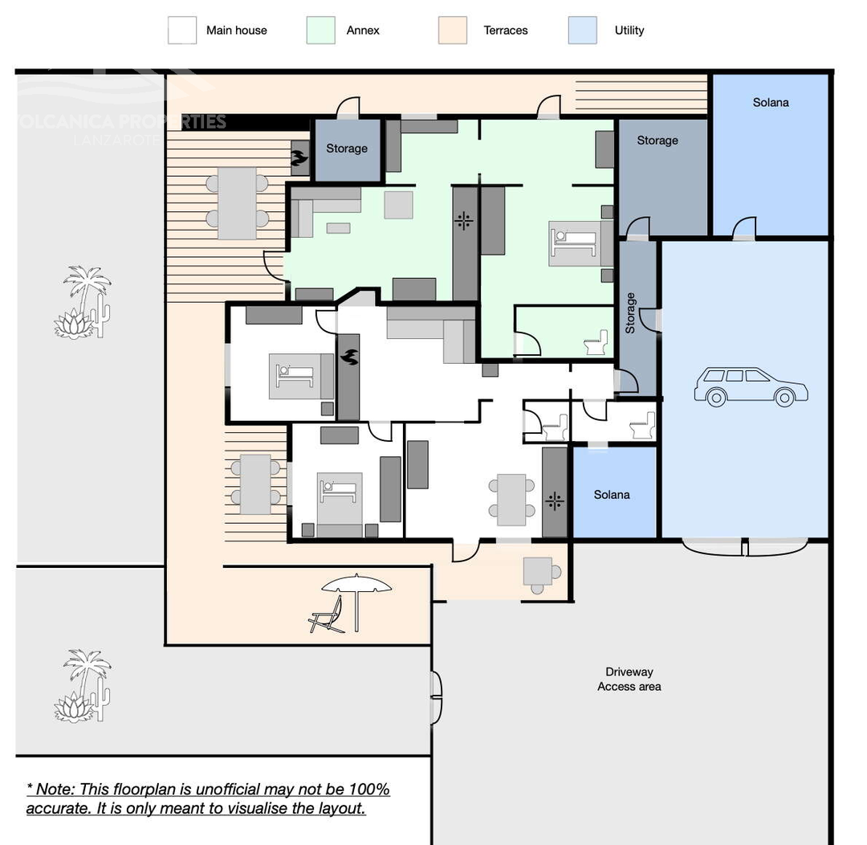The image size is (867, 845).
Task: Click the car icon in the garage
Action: [751, 386]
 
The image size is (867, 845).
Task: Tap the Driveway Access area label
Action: [629, 679]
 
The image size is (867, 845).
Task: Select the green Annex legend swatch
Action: [320, 31]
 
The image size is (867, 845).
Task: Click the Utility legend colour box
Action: [582, 31]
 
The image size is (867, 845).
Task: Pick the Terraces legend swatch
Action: [452, 31]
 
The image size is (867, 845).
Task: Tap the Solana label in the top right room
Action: [770, 102]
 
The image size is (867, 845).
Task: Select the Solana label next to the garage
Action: [612, 495]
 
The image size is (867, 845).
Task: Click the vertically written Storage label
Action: [630, 313]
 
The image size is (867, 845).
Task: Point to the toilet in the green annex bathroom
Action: [596, 344]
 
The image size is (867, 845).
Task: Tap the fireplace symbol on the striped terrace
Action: [299, 157]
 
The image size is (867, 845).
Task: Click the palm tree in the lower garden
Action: [84, 686]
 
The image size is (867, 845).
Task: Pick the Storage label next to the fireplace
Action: [346, 149]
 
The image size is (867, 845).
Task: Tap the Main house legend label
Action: [236, 31]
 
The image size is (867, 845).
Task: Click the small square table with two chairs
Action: [537, 571]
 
